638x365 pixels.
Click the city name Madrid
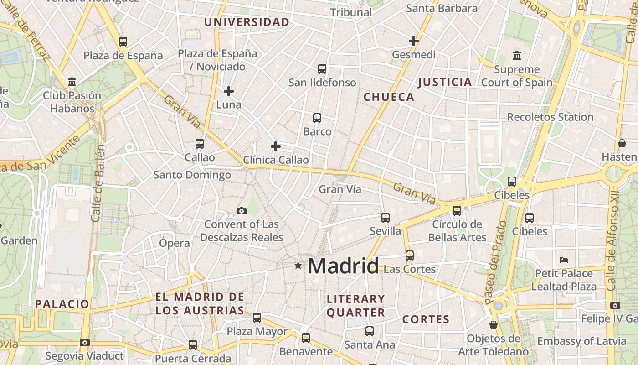coord(343,266)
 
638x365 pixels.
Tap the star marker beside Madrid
coord(298,265)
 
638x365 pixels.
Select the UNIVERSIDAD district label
coord(247,22)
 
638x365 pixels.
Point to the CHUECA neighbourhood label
coord(389,97)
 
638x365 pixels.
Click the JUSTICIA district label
coord(445,82)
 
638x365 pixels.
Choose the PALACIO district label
coord(62,304)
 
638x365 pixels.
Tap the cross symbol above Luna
coord(229,91)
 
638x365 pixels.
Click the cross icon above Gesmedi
coord(414,41)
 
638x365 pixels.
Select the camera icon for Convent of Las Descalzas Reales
coord(242,211)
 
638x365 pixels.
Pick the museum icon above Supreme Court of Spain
coord(517,56)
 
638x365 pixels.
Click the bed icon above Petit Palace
coord(564,260)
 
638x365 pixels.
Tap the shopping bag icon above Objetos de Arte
coord(493,325)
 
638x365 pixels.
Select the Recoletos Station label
coord(550,117)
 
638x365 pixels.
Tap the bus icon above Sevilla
coord(386,217)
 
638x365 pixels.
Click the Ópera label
coord(174,243)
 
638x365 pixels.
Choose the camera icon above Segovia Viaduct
coord(84,342)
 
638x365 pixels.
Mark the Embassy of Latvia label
coord(581,341)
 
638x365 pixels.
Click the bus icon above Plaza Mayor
coord(257,318)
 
